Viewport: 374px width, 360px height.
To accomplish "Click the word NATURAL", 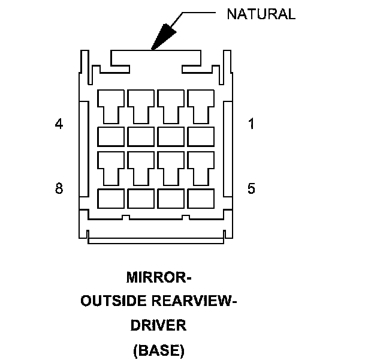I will coord(261,14).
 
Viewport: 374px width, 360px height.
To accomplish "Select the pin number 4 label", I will coord(59,124).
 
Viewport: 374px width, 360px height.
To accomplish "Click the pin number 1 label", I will coord(251,124).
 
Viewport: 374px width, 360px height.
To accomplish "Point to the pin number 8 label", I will coord(59,188).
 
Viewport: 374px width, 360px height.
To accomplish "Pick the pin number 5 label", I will coord(251,188).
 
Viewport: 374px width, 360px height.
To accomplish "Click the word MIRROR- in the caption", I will coord(159,278).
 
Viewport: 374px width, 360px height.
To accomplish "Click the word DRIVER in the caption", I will coord(159,326).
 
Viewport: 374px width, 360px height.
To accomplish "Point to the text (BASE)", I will coord(159,350).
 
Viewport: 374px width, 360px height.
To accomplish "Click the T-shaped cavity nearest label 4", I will coord(111,105).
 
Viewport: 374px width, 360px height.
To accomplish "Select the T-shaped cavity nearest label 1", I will coord(201,105).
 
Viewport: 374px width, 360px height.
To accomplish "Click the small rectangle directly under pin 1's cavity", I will coord(201,136).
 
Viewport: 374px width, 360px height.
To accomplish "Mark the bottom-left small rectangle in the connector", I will coord(111,198).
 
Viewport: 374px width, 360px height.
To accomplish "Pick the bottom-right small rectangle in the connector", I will coord(201,198).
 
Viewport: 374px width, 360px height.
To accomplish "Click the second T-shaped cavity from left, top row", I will coord(141,105).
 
